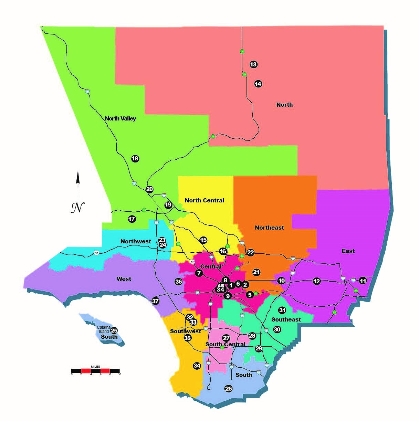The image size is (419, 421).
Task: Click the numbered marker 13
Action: point(253,64)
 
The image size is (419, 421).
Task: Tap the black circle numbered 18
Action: point(135,158)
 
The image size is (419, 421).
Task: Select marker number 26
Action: point(229,389)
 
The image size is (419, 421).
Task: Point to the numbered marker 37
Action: point(155,301)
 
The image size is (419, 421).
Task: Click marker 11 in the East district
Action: point(363,281)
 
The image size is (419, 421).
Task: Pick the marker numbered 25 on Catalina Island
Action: point(114,331)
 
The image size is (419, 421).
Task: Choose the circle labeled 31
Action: point(282,310)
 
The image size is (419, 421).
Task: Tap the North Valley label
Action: point(120,118)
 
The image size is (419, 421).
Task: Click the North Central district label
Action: point(204,200)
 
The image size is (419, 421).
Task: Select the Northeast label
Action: point(269,228)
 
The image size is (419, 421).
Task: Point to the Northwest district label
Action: point(135,241)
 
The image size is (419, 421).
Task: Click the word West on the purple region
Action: point(124,279)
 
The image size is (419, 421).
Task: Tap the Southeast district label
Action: point(286,319)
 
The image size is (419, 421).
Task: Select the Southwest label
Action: point(185,331)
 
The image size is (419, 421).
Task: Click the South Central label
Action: point(225,344)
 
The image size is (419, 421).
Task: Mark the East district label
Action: point(348,251)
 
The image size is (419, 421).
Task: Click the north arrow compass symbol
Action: point(78,193)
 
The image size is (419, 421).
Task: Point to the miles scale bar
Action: point(95,371)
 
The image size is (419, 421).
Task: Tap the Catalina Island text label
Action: point(103,329)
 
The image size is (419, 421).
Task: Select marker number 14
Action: point(258,84)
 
